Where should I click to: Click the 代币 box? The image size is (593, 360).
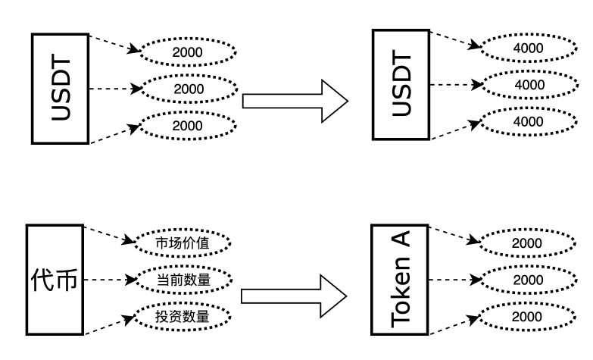(x=55, y=279)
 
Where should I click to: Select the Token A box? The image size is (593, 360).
(x=401, y=279)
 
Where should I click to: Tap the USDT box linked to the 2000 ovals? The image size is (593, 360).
(x=60, y=88)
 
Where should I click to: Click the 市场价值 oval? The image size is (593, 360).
(x=182, y=243)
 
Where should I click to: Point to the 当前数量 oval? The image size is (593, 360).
(x=183, y=279)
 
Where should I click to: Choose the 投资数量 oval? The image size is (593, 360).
(x=182, y=316)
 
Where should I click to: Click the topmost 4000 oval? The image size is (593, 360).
(x=528, y=48)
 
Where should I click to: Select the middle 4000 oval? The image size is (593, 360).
(x=528, y=84)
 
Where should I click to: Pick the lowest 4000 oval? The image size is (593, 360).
(x=528, y=121)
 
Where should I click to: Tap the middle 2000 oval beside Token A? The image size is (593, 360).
(x=526, y=279)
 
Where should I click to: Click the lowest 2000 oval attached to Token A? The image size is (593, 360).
(x=526, y=316)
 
